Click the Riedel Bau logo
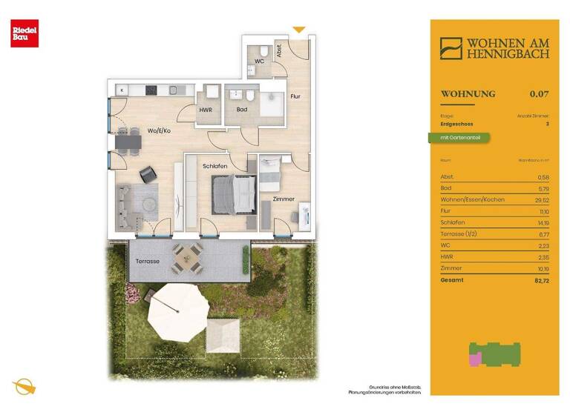click(20, 34)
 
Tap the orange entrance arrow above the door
click(298, 30)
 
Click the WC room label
click(260, 62)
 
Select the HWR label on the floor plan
click(206, 110)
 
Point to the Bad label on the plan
click(241, 110)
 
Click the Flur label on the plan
click(295, 96)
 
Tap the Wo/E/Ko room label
click(159, 130)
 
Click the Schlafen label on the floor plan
click(214, 166)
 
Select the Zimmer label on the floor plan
click(284, 199)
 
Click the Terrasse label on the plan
click(147, 261)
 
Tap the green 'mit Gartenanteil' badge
click(459, 138)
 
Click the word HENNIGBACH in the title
click(508, 54)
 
